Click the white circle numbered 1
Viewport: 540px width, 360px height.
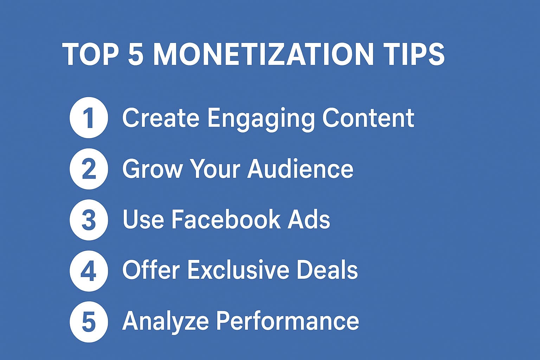pyautogui.click(x=89, y=117)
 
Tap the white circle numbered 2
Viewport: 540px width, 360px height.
pyautogui.click(x=89, y=169)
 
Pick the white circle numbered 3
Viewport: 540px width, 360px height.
pyautogui.click(x=89, y=220)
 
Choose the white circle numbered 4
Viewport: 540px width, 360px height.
pyautogui.click(x=89, y=271)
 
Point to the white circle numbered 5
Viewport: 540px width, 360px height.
pyautogui.click(x=89, y=322)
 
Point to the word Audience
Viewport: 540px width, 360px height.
pyautogui.click(x=300, y=168)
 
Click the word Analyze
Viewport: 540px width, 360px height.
pyautogui.click(x=165, y=321)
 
